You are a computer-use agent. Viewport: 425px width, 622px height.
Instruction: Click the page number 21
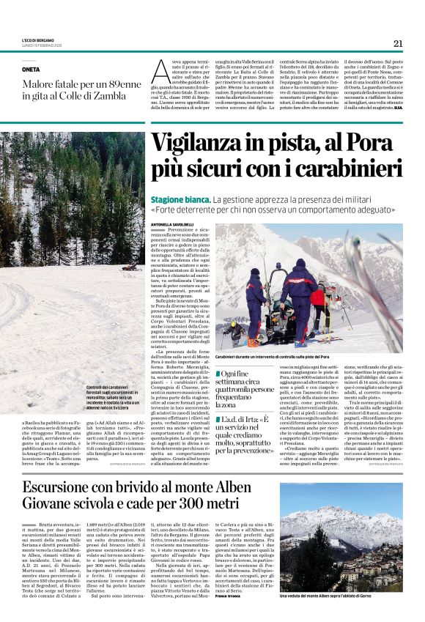[398, 44]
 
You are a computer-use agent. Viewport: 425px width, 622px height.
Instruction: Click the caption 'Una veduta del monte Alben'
[341, 596]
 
